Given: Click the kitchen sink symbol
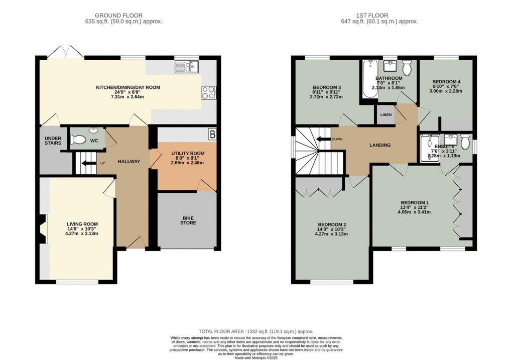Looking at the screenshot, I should pyautogui.click(x=187, y=67).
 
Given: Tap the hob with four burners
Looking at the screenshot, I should pyautogui.click(x=208, y=92).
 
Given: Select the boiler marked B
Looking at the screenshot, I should pyautogui.click(x=212, y=135).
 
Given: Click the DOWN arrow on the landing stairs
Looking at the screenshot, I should pyautogui.click(x=323, y=139).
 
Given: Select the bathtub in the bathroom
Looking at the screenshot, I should pyautogui.click(x=368, y=78).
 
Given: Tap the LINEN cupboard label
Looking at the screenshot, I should pyautogui.click(x=386, y=115).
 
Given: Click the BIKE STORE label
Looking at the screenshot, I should pyautogui.click(x=188, y=220).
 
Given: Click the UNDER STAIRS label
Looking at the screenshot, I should pyautogui.click(x=53, y=141).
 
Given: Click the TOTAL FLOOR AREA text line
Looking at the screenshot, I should pyautogui.click(x=256, y=331).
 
